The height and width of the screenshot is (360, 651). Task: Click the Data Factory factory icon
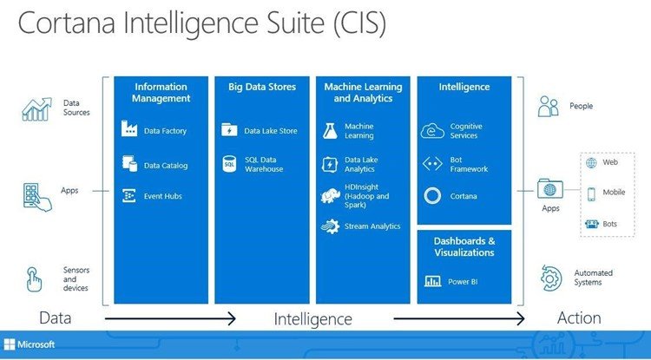129,128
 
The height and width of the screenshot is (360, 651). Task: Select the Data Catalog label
166,166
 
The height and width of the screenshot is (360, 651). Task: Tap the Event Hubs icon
129,196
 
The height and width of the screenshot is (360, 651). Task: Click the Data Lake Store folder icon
229,130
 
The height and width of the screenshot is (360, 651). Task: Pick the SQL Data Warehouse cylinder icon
229,164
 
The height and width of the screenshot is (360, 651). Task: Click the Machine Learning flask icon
331,131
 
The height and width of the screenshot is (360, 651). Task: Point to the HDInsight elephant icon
331,196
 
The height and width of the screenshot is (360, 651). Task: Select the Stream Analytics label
372,226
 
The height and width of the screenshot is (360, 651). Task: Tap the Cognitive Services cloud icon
432,131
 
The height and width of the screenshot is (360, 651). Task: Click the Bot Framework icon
432,164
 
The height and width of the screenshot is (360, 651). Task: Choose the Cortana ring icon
432,196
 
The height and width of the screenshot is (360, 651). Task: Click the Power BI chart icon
432,282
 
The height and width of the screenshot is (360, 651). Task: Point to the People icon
548,106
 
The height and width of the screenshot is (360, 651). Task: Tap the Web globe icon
591,162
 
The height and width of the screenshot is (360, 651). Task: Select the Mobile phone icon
591,193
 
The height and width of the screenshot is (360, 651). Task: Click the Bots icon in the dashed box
592,224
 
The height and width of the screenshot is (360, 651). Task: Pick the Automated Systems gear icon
551,278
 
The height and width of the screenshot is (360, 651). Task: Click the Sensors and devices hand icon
34,279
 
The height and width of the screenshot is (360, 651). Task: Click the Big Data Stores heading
262,87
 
